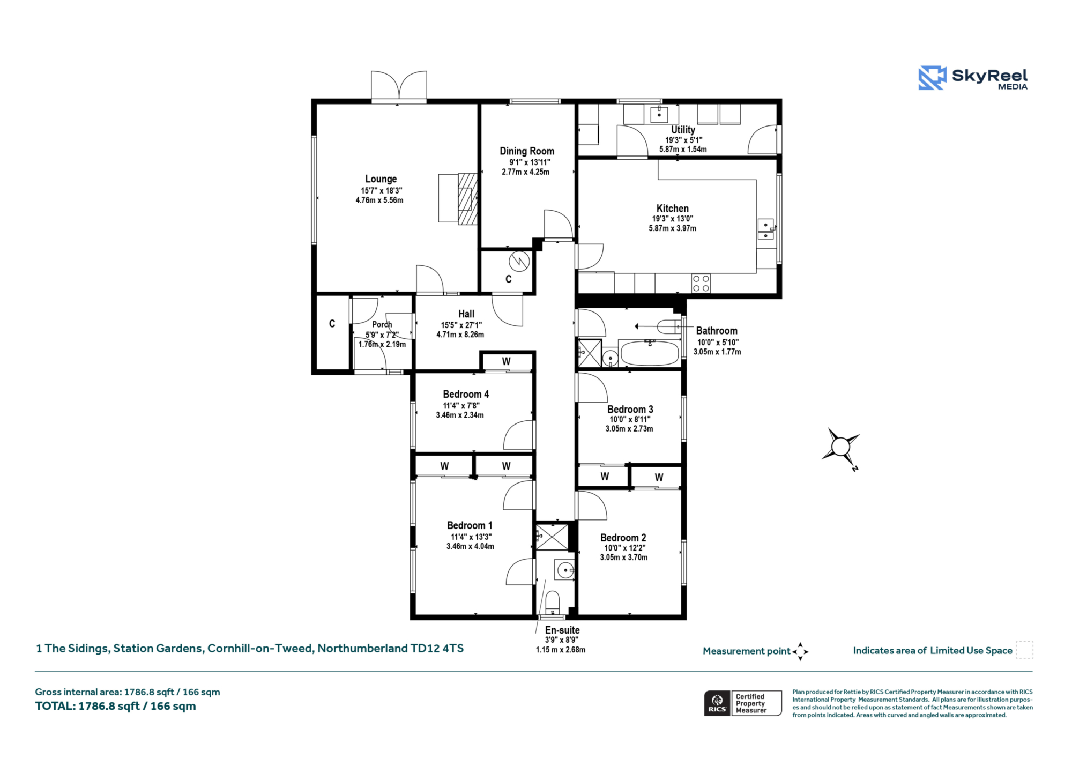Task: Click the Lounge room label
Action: [381, 179]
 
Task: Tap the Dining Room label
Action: [527, 151]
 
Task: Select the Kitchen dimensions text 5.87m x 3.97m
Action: [673, 228]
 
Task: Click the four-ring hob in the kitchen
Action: [701, 284]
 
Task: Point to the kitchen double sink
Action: [765, 229]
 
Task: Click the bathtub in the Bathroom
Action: [649, 353]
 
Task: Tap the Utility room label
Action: [683, 130]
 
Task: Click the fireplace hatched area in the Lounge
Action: [468, 198]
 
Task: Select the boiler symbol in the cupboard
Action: [519, 262]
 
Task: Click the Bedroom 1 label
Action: [470, 525]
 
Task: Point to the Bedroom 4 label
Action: [466, 394]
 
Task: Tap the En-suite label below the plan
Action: [562, 630]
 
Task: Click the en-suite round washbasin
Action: [565, 570]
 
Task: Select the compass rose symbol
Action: [840, 447]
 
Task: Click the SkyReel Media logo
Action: [973, 78]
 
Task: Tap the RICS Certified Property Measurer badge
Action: [743, 703]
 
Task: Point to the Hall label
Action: [466, 314]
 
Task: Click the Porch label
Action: [382, 324]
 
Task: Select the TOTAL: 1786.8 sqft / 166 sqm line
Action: [116, 706]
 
